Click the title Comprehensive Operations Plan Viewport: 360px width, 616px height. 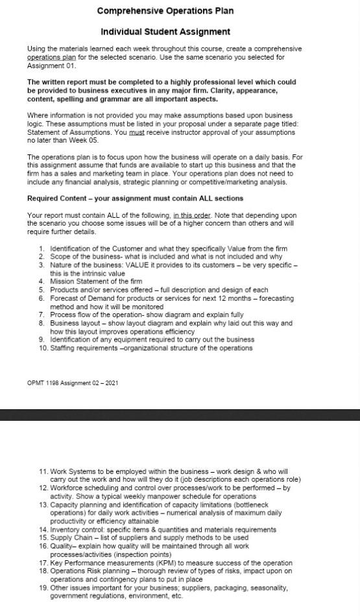tap(165, 11)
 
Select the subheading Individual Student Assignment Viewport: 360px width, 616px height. tap(165, 32)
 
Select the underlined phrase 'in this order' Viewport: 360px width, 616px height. tap(192, 215)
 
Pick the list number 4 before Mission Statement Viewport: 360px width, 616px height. tap(42, 281)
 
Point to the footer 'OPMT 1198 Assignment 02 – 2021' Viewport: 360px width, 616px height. tap(73, 383)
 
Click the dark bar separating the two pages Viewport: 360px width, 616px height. tap(180, 414)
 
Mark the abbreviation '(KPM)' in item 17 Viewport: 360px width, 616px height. tap(184, 563)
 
